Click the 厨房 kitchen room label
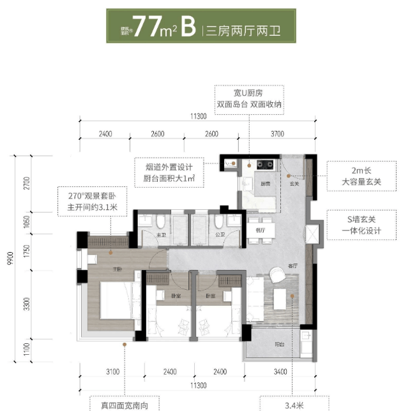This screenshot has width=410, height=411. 264,184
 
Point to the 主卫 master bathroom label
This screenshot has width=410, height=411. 161,235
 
